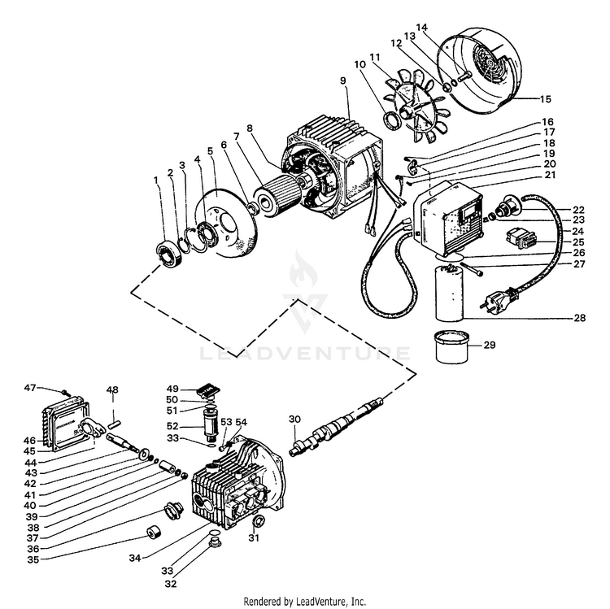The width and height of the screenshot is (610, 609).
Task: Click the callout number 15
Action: [x=546, y=98]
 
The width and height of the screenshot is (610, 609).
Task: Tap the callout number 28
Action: [x=580, y=318]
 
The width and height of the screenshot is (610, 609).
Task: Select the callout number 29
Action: [x=490, y=345]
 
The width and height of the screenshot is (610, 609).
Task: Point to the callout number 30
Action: [x=295, y=419]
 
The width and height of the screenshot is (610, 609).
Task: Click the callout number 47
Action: [x=30, y=388]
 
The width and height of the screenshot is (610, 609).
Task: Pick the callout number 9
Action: [x=342, y=80]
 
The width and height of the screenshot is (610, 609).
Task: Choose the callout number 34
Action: [x=135, y=558]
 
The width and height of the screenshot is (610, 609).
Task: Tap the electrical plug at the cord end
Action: [x=501, y=298]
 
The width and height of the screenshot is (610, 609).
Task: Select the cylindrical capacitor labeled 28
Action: [x=449, y=293]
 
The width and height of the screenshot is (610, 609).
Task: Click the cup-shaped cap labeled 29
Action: [x=451, y=346]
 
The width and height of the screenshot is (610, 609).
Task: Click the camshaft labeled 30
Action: [x=336, y=426]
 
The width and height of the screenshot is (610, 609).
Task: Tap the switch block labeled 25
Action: [x=521, y=238]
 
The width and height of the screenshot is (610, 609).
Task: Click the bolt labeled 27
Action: [x=472, y=269]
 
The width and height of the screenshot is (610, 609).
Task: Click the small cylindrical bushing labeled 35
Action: [x=154, y=532]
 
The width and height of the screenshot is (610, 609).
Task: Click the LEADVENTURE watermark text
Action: [x=305, y=353]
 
